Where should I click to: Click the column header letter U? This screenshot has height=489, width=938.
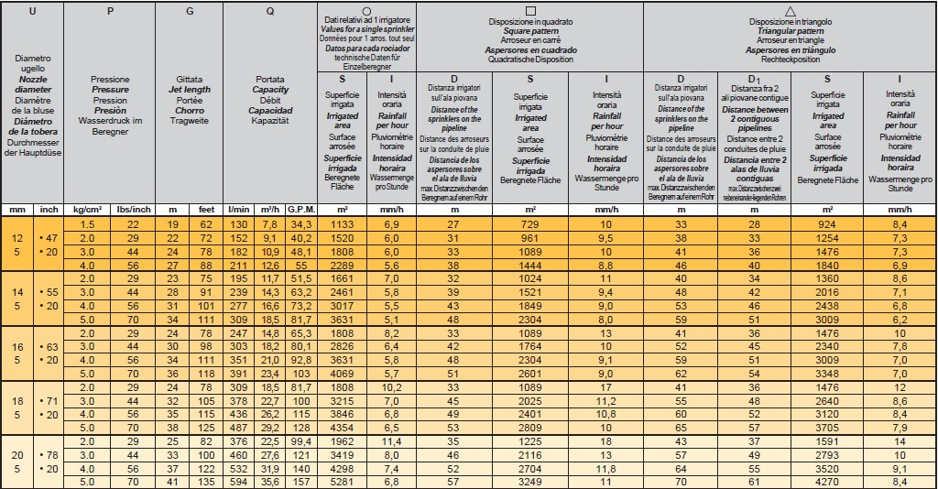tap(33, 12)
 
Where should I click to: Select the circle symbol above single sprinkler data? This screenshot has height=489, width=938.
tap(366, 10)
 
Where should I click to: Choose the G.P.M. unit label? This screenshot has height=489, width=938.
tap(300, 210)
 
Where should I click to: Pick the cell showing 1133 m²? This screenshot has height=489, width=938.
tap(341, 224)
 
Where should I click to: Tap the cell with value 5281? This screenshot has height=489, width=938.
tap(341, 481)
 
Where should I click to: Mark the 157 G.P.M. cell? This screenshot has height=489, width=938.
tap(300, 481)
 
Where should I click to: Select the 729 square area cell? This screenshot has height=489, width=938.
tap(529, 224)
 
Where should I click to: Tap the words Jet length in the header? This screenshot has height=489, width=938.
tap(191, 90)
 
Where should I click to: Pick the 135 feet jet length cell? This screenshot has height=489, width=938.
tap(206, 481)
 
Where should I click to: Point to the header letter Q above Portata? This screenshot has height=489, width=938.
tap(269, 12)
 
